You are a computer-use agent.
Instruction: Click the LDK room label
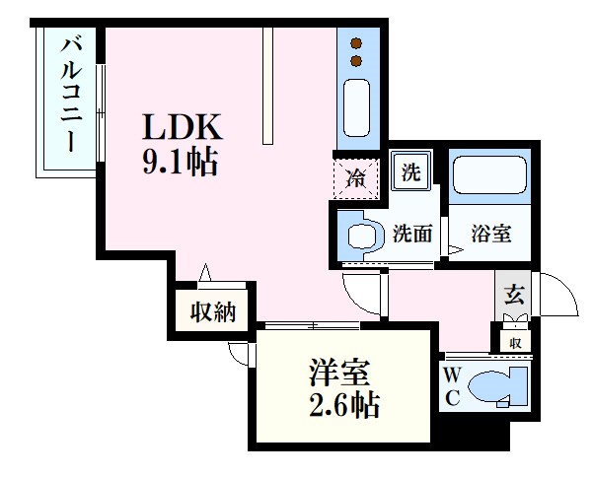coord(184,127)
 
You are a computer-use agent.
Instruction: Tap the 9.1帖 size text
coord(181,162)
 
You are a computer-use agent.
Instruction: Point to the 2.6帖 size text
coord(342,405)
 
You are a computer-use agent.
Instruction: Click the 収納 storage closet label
coord(212,312)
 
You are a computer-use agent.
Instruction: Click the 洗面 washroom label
coord(412,235)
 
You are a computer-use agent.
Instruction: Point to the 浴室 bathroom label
coord(489,235)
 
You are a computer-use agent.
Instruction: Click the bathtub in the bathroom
coord(490,178)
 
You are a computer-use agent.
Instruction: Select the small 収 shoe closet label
coord(514,342)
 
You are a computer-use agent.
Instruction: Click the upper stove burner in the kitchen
coord(357,43)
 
